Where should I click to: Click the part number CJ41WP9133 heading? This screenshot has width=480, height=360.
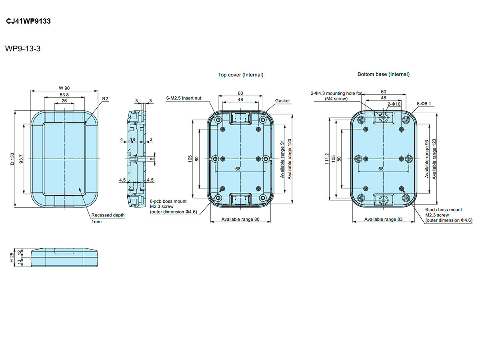(28, 22)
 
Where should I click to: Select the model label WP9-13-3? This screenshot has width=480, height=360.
(23, 49)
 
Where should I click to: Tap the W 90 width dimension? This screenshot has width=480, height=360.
(64, 88)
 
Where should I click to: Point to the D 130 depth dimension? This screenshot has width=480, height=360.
(12, 159)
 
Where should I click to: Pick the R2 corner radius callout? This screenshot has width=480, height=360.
(105, 98)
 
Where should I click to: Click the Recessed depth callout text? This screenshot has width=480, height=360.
(108, 215)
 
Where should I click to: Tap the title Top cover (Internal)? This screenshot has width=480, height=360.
(240, 75)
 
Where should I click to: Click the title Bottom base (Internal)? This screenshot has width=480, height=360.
(383, 74)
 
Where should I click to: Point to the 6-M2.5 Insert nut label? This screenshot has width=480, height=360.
(184, 98)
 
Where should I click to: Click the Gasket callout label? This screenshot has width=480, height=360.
(282, 101)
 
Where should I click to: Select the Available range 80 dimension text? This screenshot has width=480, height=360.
(240, 219)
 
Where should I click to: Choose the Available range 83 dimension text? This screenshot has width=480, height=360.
(383, 219)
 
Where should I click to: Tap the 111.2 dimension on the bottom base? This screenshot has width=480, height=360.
(327, 159)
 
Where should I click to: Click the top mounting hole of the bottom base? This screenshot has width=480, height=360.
(384, 118)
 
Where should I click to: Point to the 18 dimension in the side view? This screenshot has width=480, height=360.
(132, 139)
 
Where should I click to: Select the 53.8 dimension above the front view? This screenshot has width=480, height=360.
(64, 95)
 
